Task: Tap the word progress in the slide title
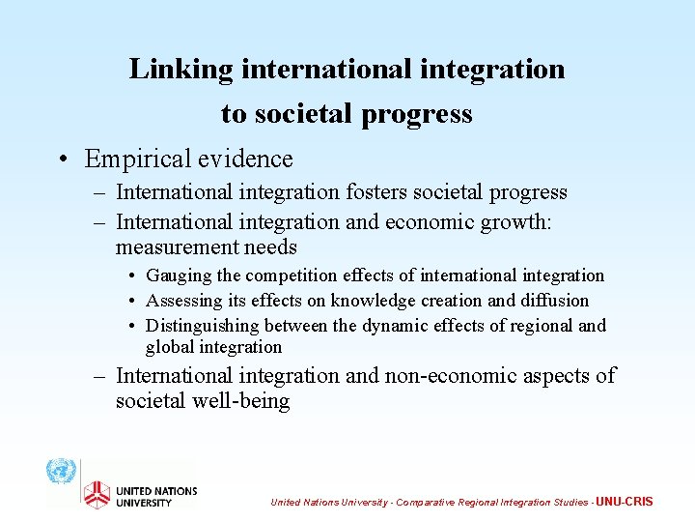click(x=417, y=114)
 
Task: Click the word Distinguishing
click(x=202, y=326)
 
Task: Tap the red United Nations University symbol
click(x=96, y=494)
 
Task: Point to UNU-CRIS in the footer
click(x=625, y=502)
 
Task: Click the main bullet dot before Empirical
click(x=61, y=159)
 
